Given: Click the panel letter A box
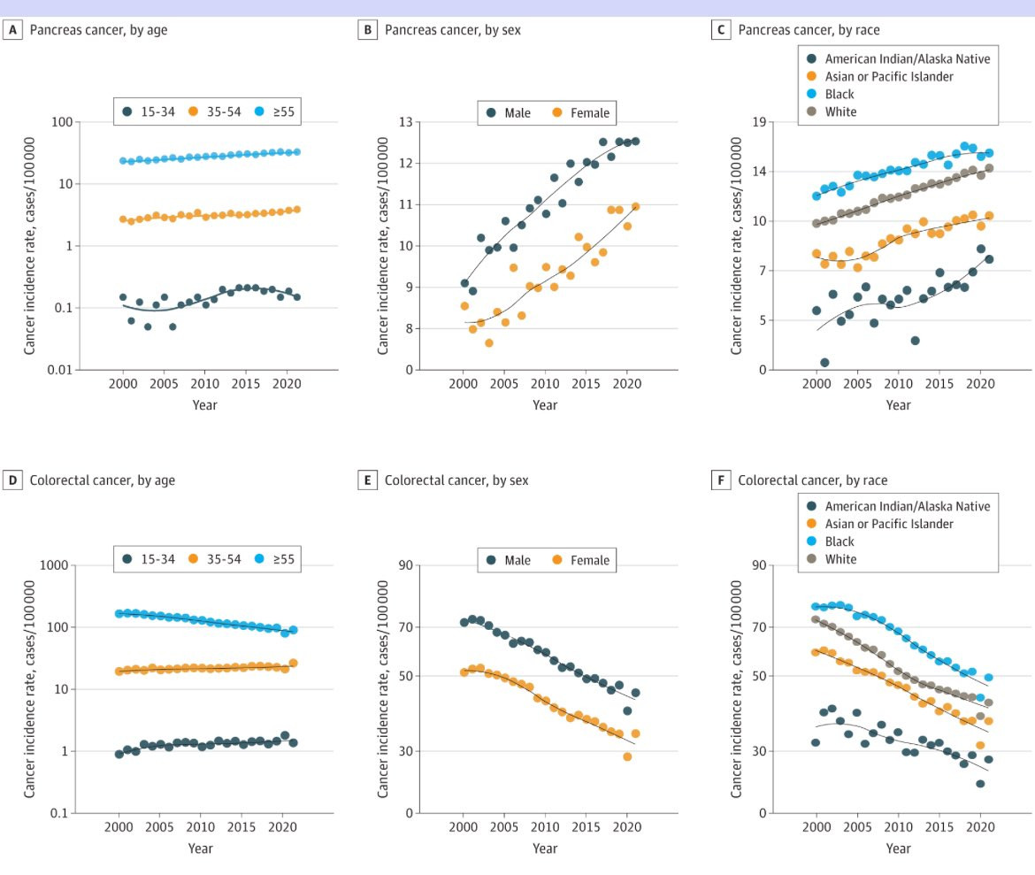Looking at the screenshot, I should [x=13, y=30].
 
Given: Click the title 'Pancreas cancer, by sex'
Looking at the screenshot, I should [x=452, y=30].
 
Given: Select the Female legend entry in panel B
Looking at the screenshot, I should [x=581, y=113].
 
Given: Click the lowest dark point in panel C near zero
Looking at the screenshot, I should [x=824, y=363].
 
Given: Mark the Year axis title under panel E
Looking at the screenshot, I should [x=545, y=848].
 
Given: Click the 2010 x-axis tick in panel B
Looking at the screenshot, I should [x=545, y=383].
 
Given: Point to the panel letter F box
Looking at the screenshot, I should [x=721, y=480].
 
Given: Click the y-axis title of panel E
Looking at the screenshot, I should [x=383, y=689].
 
